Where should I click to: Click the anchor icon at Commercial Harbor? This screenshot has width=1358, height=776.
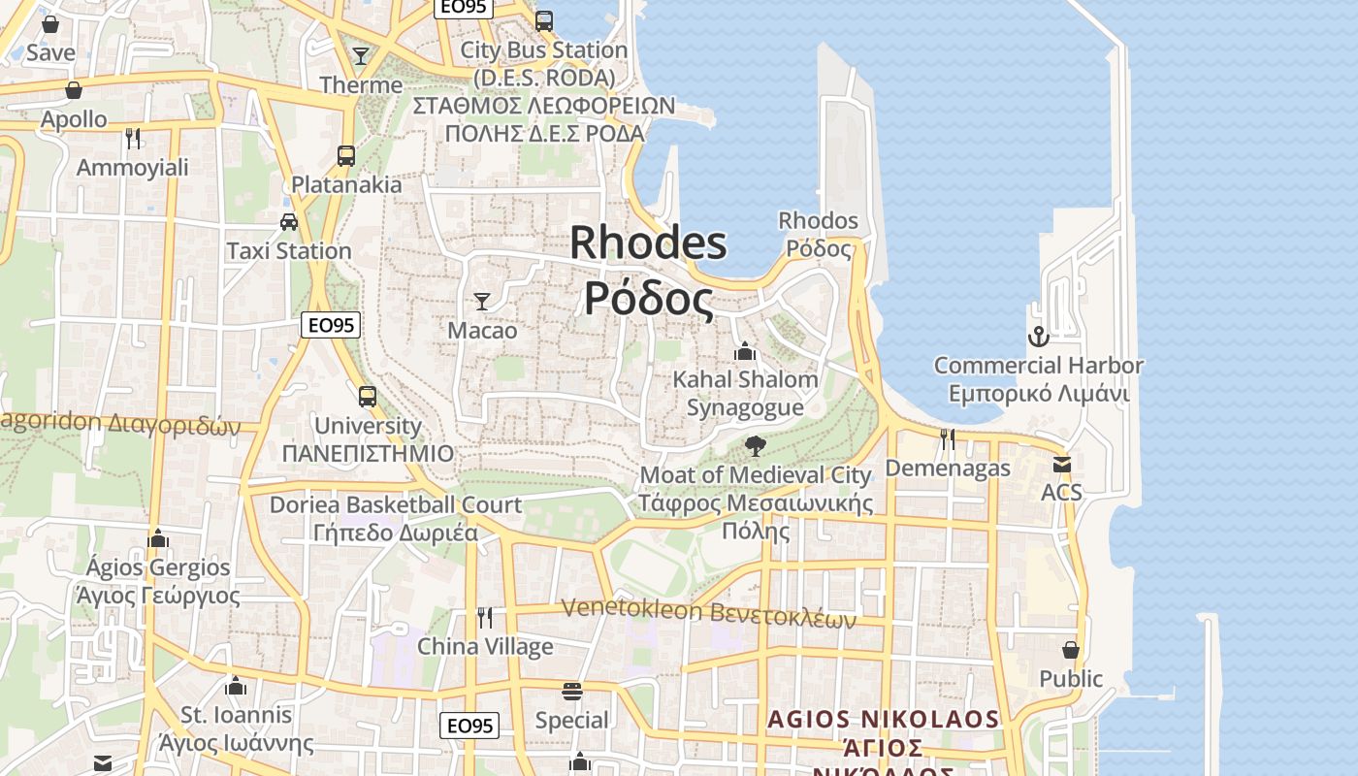(1038, 337)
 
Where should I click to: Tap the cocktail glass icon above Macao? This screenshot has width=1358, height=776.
(482, 301)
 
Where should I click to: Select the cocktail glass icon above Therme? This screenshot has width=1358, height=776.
(361, 56)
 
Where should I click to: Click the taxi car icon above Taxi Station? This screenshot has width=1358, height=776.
(289, 221)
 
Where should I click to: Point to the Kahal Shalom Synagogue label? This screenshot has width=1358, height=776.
(745, 393)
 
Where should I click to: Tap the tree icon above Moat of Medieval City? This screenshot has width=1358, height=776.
(756, 446)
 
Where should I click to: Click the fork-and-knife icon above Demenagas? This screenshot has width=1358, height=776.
(948, 439)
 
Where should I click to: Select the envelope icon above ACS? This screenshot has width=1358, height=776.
(1061, 465)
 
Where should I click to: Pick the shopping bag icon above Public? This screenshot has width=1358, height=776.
(1071, 649)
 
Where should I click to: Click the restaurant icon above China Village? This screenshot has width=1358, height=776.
(485, 617)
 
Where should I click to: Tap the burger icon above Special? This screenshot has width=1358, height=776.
(572, 691)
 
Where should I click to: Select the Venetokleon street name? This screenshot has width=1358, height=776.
(709, 612)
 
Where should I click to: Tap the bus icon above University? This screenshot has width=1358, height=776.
(368, 396)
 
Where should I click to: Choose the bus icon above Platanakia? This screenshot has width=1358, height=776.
(346, 155)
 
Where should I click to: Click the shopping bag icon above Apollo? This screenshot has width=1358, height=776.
(74, 90)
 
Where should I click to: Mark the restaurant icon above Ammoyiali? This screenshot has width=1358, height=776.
(133, 139)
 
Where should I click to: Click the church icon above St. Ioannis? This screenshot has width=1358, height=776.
(236, 687)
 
